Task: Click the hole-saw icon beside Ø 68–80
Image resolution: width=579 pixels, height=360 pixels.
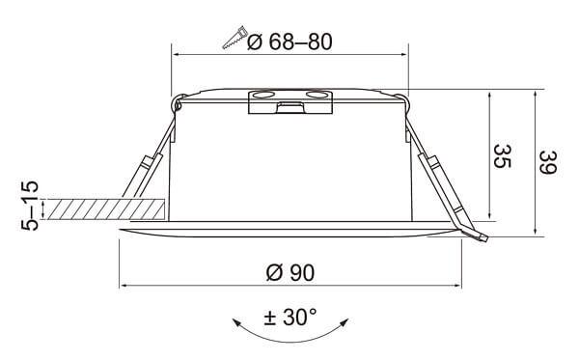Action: pos(233,40)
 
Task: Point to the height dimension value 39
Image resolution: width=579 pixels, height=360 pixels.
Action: pos(546,163)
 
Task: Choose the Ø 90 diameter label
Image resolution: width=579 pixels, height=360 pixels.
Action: pos(289,273)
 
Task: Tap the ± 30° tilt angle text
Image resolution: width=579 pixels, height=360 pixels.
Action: pos(289,318)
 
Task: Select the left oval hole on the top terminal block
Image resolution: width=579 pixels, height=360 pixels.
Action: pos(262,95)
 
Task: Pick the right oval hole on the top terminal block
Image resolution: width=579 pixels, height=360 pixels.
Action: pos(316,95)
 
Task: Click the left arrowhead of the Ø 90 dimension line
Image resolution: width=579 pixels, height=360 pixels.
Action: pos(123,286)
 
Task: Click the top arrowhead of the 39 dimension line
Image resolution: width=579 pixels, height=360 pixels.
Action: pos(536,96)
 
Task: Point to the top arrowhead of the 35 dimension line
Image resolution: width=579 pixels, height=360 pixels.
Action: pos(491,96)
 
